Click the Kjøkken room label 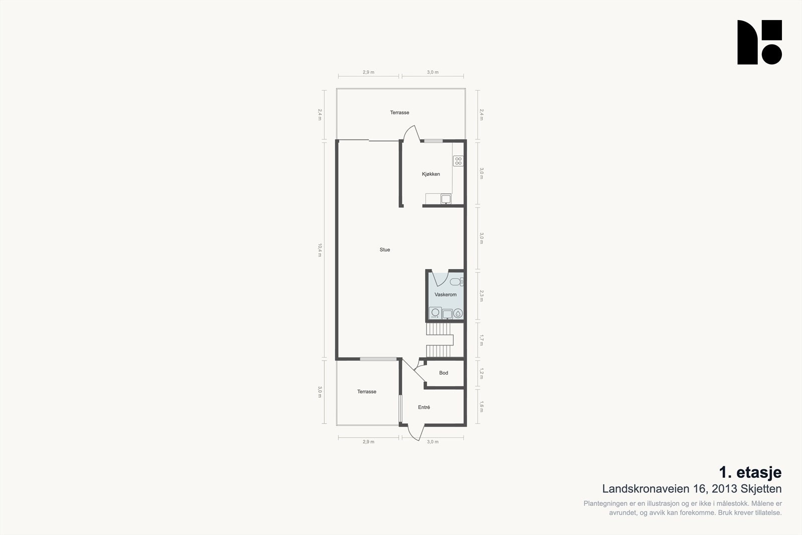431,174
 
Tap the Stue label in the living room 385,250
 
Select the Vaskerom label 446,294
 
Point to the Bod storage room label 444,373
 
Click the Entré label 424,407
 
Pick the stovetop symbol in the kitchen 458,161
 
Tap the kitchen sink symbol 446,199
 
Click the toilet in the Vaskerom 457,282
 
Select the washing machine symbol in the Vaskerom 436,313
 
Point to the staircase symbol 440,340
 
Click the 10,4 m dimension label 320,250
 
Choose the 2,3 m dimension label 482,296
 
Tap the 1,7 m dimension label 482,340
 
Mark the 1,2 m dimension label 482,374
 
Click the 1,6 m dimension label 482,407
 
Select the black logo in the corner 759,42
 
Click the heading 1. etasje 750,472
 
